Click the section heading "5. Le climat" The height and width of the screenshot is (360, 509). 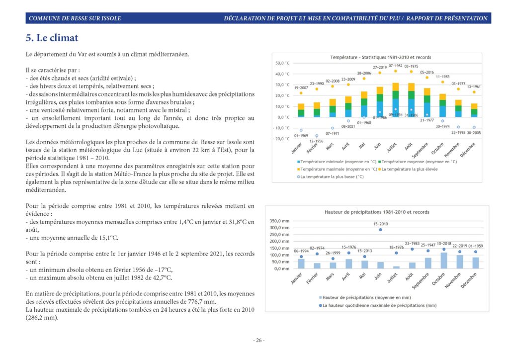point(52,38)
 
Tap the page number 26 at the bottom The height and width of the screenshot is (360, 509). point(258,340)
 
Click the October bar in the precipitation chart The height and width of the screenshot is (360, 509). point(444,261)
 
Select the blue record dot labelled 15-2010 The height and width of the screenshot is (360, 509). point(380,230)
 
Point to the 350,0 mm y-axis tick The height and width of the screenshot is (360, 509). point(279,221)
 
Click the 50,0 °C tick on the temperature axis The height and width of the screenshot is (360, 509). point(282,63)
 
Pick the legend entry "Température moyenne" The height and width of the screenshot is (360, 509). point(419,162)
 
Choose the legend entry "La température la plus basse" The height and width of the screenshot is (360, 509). point(331,177)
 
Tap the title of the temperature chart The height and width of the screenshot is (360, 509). point(380,58)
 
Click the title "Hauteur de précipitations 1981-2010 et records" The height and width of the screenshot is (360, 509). point(377,212)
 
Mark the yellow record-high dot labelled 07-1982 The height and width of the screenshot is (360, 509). point(395,71)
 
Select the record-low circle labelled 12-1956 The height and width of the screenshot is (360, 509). point(317,136)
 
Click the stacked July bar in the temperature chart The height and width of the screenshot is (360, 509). point(395,99)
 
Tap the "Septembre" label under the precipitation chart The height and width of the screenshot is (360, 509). point(421,281)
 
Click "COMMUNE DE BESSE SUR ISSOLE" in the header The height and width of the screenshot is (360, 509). point(75,18)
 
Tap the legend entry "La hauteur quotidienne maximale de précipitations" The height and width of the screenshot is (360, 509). point(378,305)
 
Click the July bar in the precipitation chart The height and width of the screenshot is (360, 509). point(396,267)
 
